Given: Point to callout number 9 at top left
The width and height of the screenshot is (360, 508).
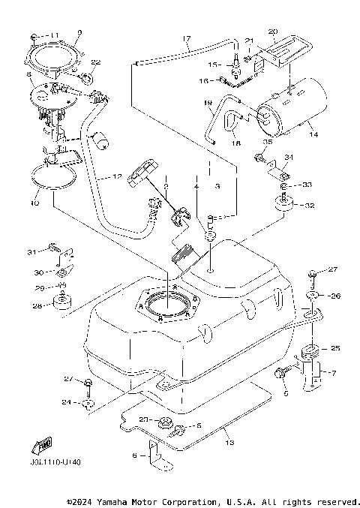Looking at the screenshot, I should click(x=80, y=33).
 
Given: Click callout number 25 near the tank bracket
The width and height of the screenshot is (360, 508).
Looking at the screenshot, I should click(x=336, y=348).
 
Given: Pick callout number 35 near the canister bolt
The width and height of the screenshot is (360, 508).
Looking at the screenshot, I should click(x=267, y=141).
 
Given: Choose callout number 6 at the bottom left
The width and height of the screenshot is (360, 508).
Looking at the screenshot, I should click(x=135, y=454).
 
